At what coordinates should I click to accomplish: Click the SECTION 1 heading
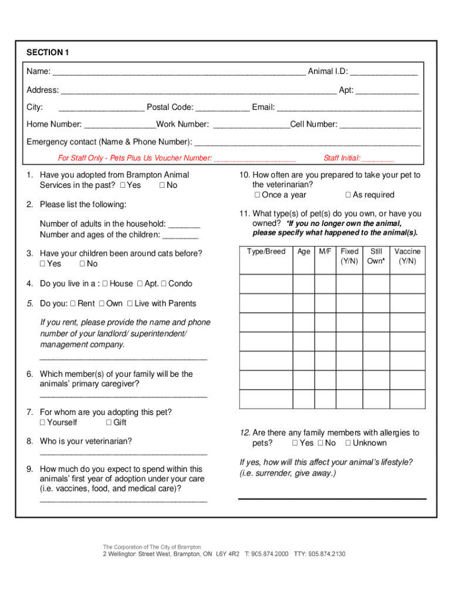coord(48,53)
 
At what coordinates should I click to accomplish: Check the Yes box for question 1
coord(122,185)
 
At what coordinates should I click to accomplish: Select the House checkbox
coord(104,284)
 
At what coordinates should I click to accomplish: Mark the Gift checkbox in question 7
coord(109,423)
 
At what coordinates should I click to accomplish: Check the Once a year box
coord(257,195)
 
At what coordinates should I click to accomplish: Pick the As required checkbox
coord(348,195)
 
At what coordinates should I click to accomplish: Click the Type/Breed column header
coord(266,252)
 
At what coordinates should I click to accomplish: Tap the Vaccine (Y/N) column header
coord(407,256)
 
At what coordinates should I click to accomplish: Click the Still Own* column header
coord(376,256)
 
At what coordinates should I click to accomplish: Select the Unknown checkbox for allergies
coord(348,443)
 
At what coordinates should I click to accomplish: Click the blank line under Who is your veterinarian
coord(123,453)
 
